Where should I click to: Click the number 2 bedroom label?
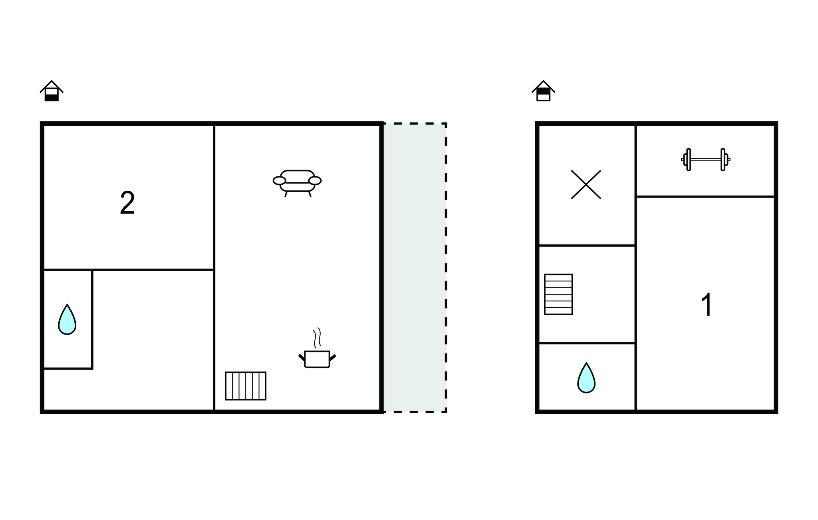pos(127,203)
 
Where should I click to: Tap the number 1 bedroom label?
pos(707,305)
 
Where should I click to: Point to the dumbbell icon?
pos(706,160)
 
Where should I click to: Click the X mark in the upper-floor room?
pos(586,184)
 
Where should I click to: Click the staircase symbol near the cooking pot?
pos(246,386)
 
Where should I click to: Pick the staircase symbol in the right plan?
pos(558,294)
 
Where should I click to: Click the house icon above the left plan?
pos(52,91)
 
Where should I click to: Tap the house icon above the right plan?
pos(543,91)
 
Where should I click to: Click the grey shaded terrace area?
pos(415,267)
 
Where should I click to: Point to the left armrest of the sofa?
pos(279,181)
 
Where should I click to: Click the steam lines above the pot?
pos(317,338)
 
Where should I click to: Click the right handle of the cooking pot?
pos(332,357)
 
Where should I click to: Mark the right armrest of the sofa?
pos(315,181)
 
